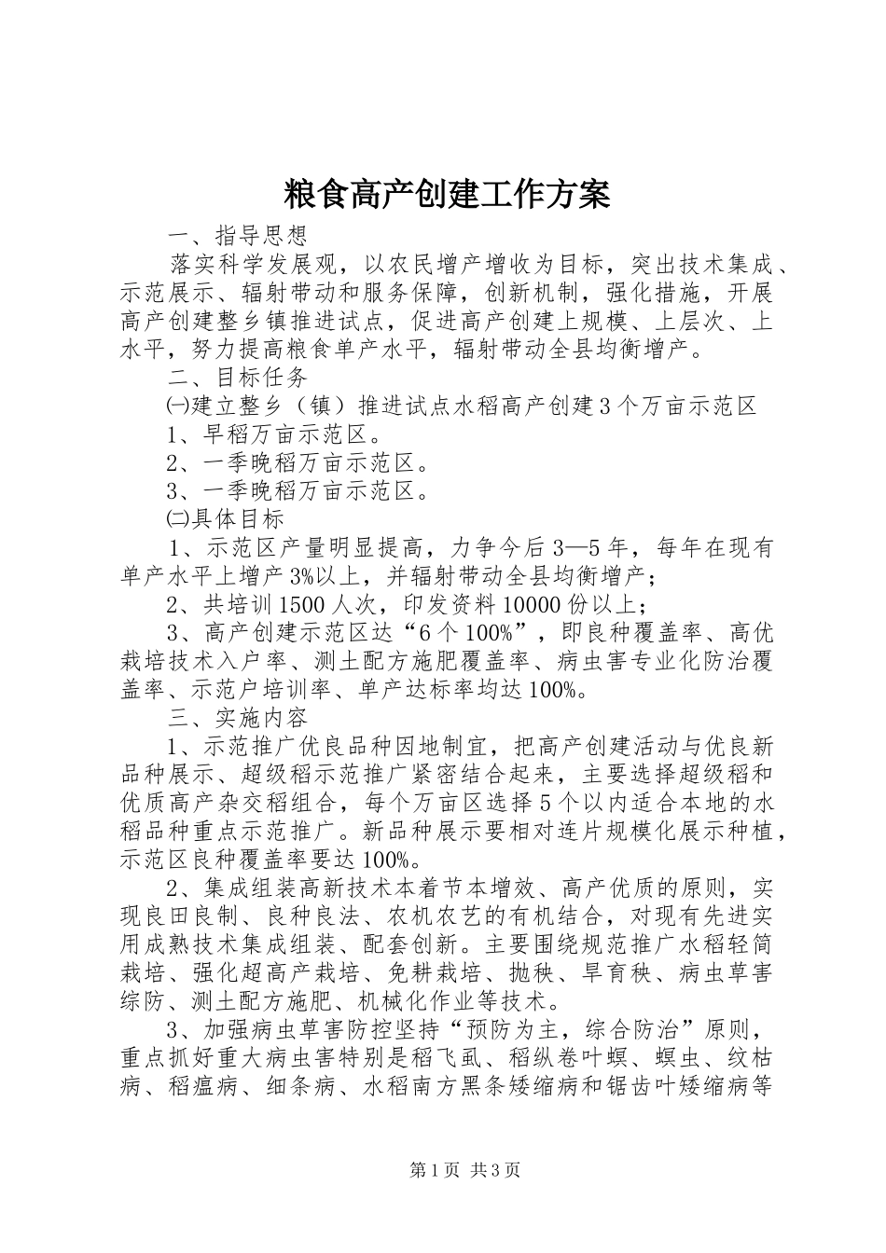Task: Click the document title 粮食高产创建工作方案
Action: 445,194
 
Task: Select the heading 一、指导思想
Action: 237,233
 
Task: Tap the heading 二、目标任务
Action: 237,377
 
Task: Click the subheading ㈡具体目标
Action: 225,517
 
